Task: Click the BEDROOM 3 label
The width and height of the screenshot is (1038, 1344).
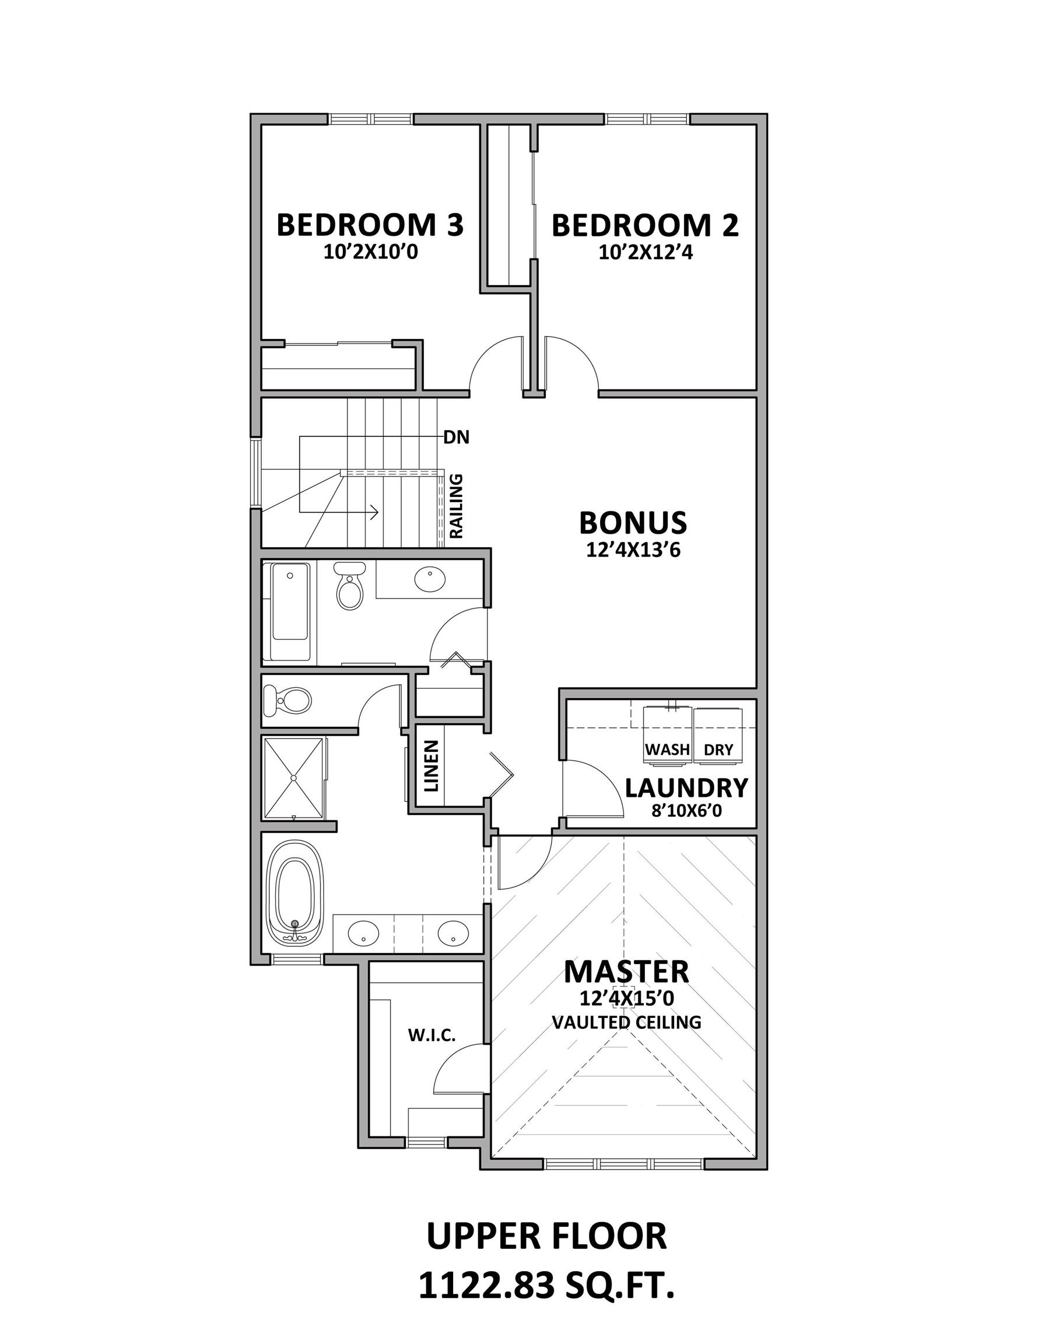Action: [370, 225]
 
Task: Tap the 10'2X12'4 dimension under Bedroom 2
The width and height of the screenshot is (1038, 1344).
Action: [646, 253]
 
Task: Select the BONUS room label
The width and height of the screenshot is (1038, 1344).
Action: [633, 523]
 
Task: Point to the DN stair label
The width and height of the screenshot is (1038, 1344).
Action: [456, 437]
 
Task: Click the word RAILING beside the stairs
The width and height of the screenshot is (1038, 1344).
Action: [457, 506]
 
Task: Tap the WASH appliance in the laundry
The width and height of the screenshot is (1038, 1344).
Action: [667, 737]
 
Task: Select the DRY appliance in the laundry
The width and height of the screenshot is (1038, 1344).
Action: [718, 737]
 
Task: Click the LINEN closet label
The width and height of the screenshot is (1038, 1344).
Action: [432, 765]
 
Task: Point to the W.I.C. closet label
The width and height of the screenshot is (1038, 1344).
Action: [432, 1035]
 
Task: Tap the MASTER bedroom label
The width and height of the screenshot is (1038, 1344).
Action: [626, 972]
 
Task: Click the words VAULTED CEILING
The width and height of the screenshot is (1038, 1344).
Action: [626, 1022]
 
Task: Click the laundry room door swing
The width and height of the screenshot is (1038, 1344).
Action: [591, 789]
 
